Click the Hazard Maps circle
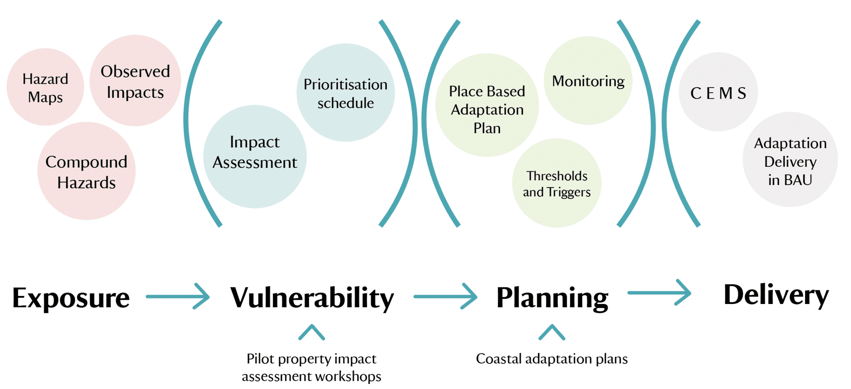46,87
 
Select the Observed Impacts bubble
135,81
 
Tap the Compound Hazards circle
86,171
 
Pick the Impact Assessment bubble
255,156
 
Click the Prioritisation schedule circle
346,93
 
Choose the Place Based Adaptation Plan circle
487,105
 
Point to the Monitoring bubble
588,80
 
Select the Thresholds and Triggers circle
557,183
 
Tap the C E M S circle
718,92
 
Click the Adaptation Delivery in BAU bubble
790,159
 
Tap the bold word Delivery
776,295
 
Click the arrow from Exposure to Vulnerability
177,296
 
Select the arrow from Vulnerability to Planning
445,296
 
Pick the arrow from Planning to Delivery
660,292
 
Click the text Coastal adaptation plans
552,359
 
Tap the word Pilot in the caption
260,359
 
